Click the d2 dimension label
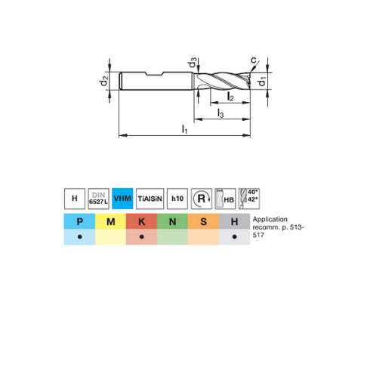click(106, 81)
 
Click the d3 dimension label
click(193, 60)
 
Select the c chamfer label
click(254, 60)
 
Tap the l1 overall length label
click(185, 130)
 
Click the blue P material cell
click(79, 221)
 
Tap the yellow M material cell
click(110, 221)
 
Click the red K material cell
click(141, 221)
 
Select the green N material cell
click(172, 221)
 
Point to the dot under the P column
click(79, 237)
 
